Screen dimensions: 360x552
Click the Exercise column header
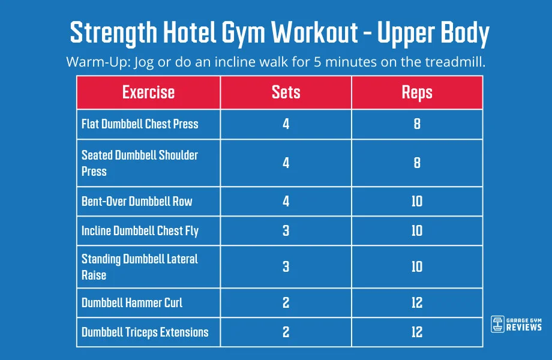[148, 92]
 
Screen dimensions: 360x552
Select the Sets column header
[286, 92]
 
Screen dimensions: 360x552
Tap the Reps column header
[417, 92]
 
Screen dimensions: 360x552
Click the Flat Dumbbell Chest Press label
[140, 124]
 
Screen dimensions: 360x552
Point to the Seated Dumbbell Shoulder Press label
[140, 163]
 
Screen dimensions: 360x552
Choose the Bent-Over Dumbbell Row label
[137, 201]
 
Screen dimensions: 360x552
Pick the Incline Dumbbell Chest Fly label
[140, 231]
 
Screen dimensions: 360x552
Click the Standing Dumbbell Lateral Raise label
[140, 267]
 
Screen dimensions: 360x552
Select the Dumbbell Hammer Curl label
[132, 302]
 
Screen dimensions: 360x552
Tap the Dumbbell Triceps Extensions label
[145, 332]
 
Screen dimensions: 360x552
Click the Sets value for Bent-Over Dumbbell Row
[286, 201]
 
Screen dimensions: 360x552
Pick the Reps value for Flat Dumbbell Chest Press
[417, 124]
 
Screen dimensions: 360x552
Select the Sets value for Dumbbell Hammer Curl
[286, 302]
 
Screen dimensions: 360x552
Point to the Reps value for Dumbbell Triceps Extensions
[417, 332]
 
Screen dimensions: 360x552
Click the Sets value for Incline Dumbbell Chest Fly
[286, 231]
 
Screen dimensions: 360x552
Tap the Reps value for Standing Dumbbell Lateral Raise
[417, 267]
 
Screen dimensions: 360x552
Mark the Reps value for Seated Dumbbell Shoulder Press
[417, 163]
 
